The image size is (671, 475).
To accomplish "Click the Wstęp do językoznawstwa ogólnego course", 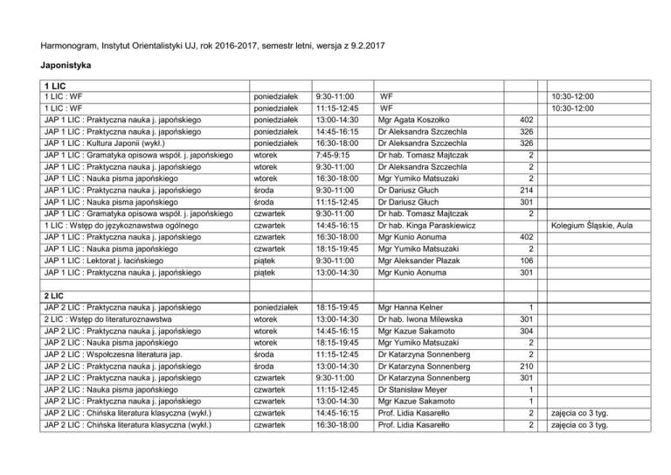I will coord(120,225).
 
